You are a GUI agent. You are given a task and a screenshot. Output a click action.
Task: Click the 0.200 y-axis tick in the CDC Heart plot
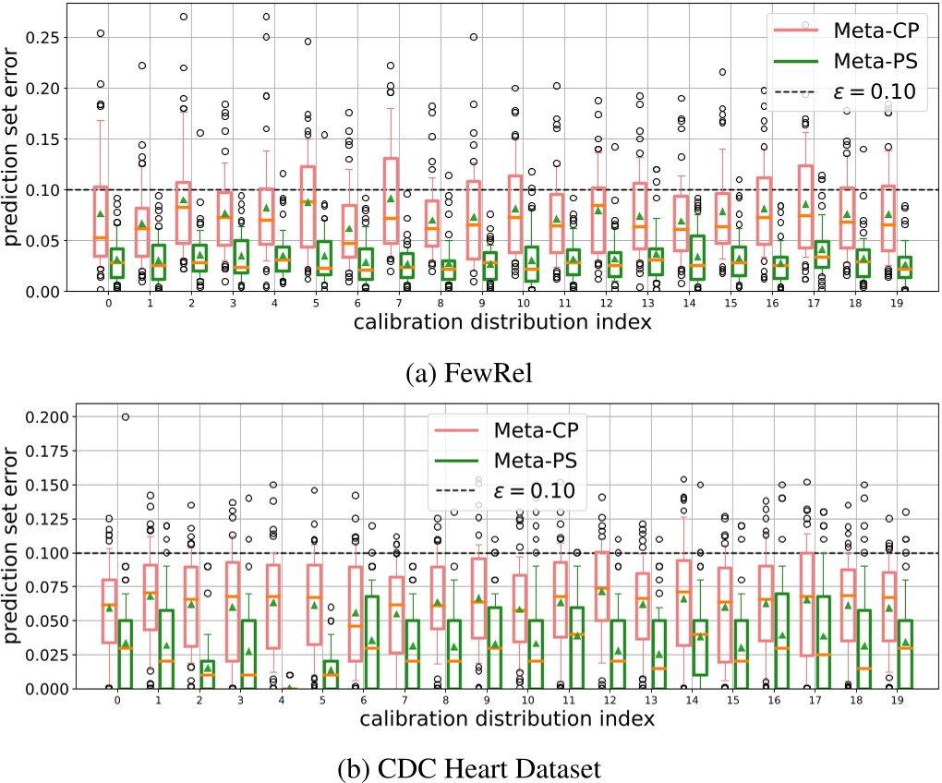pyautogui.click(x=49, y=416)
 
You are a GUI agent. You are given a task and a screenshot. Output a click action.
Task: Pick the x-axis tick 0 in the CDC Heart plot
pyautogui.click(x=117, y=700)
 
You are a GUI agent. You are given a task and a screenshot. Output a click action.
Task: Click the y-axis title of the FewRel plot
pyautogui.click(x=13, y=152)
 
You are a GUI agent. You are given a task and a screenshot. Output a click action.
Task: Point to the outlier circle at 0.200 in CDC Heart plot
pyautogui.click(x=126, y=416)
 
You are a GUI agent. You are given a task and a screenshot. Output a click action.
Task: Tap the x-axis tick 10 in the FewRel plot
pyautogui.click(x=523, y=302)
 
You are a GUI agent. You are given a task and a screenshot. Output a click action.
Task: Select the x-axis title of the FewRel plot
pyautogui.click(x=506, y=322)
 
